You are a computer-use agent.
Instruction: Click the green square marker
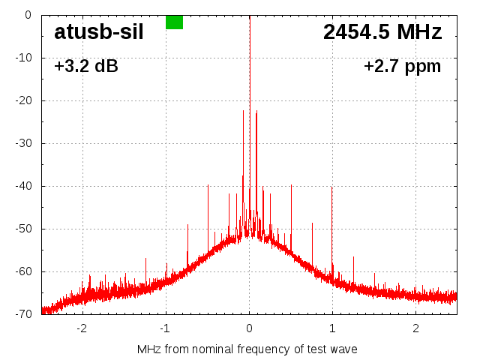tap(174, 22)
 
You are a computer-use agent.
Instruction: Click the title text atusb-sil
tap(98, 33)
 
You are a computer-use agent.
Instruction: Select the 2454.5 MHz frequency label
tap(382, 32)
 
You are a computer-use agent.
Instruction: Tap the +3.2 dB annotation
tap(85, 67)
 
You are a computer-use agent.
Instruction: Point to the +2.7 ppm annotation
tap(402, 67)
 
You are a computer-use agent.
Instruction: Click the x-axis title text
tap(247, 349)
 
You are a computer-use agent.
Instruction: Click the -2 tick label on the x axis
tap(82, 328)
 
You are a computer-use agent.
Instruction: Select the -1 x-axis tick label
tap(165, 328)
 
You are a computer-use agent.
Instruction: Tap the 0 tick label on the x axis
tap(249, 328)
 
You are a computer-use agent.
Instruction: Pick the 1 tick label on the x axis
tap(332, 328)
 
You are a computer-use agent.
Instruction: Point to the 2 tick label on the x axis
tap(415, 328)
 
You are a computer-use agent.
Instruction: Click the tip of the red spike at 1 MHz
tap(332, 186)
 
